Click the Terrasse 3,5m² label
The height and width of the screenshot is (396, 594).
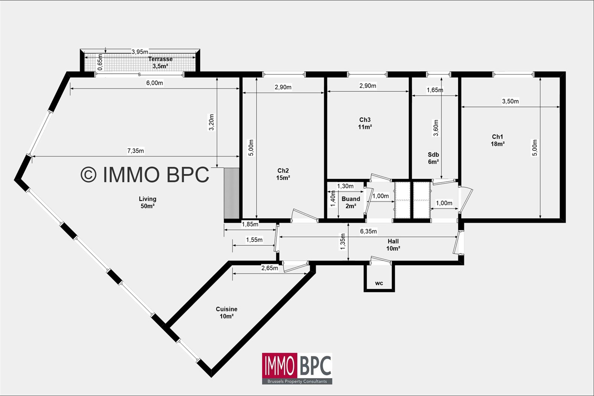tap(160, 62)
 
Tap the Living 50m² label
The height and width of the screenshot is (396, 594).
tap(148, 203)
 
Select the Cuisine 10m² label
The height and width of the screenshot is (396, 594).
tap(226, 313)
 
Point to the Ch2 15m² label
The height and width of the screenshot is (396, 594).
tap(283, 174)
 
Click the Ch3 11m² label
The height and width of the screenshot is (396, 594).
tap(365, 123)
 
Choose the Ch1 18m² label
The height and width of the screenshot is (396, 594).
tap(498, 140)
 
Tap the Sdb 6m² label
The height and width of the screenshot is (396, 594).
tap(433, 158)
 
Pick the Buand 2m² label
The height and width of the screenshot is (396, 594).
tap(351, 202)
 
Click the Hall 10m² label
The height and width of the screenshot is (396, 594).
tap(393, 245)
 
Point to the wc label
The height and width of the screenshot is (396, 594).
tap(379, 283)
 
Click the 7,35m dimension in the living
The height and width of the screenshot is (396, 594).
tap(136, 151)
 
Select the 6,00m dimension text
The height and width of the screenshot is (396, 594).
tap(154, 83)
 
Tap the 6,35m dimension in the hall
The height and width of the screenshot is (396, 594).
tap(368, 231)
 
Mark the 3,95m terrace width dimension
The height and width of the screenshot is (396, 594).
tap(140, 52)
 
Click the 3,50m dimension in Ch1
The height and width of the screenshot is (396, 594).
tap(510, 101)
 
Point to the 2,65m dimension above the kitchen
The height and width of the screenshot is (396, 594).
tap(270, 268)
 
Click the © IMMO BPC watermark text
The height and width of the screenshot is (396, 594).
tap(145, 174)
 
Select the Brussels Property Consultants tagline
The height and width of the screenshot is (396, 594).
tap(297, 381)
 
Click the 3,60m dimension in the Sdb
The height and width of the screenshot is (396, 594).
tap(436, 128)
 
